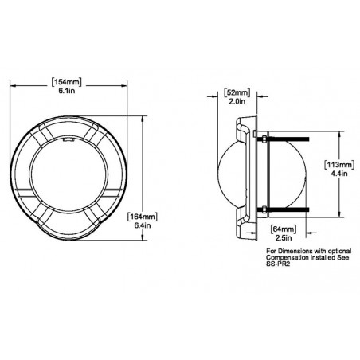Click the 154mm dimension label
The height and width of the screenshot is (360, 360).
[x=66, y=82]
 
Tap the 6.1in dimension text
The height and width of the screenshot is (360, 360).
[x=67, y=91]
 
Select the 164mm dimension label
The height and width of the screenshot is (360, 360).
[x=142, y=217]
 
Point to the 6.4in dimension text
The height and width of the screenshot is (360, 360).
[x=143, y=225]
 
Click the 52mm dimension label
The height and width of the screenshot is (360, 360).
[x=237, y=92]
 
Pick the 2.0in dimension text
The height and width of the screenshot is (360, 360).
[x=237, y=101]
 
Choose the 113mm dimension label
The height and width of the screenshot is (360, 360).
[x=339, y=165]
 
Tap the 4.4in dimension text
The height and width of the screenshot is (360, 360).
[x=339, y=174]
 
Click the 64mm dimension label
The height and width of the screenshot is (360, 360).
[x=283, y=229]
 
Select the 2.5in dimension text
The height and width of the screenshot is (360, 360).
[x=284, y=237]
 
